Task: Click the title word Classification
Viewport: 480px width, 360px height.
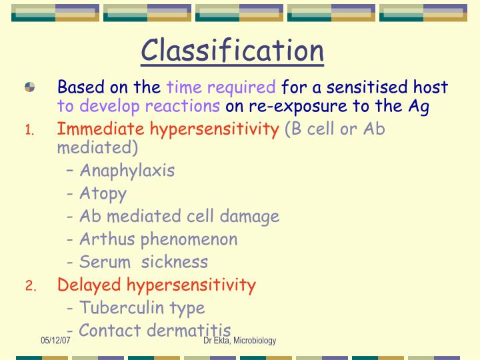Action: click(x=233, y=51)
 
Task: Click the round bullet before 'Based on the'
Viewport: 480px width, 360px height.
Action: click(x=30, y=87)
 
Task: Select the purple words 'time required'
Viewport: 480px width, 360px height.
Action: click(x=221, y=87)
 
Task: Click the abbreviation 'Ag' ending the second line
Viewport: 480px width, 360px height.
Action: click(x=419, y=106)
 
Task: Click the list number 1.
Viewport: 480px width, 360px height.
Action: click(x=29, y=131)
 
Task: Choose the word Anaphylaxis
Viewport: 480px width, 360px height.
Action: click(x=127, y=170)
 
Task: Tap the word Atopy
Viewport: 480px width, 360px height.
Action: click(x=103, y=193)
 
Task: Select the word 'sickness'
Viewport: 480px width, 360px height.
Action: click(x=179, y=261)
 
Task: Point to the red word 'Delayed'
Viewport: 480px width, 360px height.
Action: click(x=90, y=285)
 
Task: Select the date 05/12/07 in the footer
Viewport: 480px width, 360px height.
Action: click(x=55, y=341)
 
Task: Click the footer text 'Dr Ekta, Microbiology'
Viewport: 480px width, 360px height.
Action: click(x=240, y=341)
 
